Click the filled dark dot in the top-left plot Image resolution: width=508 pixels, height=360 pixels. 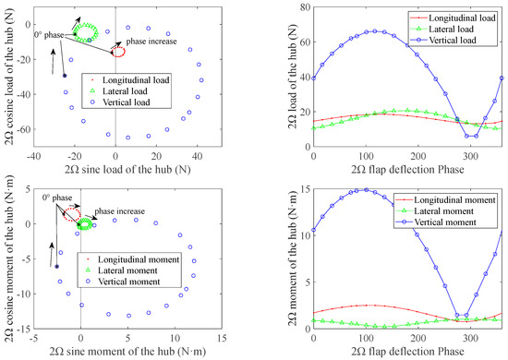click(65, 75)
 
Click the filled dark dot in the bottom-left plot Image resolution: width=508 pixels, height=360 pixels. click(57, 266)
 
